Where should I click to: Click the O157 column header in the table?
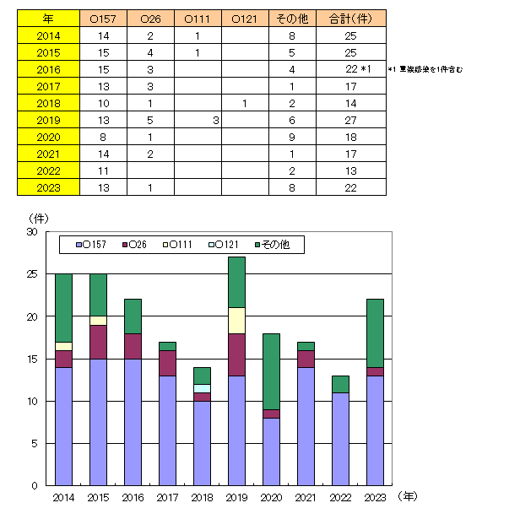click(104, 19)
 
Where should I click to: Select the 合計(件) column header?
click(351, 19)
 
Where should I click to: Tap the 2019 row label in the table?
click(49, 121)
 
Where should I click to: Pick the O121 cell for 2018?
click(243, 104)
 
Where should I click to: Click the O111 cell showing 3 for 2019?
click(216, 121)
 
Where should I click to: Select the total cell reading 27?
click(351, 121)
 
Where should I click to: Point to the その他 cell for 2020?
click(291, 138)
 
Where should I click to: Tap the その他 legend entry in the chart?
click(279, 246)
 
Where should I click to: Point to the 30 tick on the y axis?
click(33, 231)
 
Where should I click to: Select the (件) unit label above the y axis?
click(39, 217)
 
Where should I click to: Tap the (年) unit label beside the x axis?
click(408, 497)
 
